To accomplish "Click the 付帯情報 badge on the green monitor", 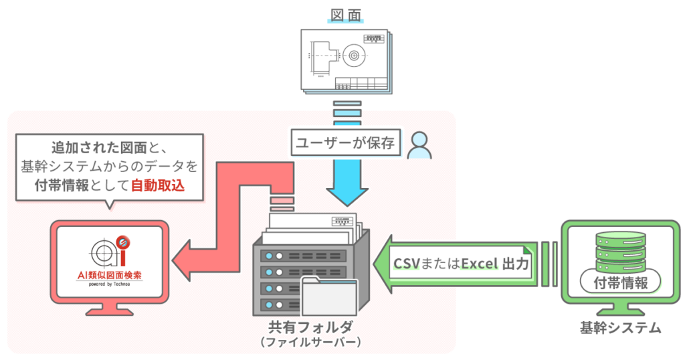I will [620, 282].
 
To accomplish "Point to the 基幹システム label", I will [620, 328].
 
